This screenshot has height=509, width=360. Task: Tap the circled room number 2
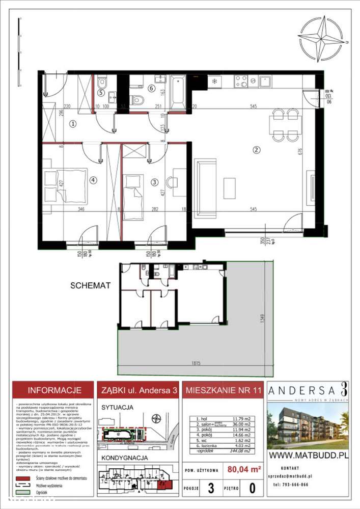(x=257, y=149)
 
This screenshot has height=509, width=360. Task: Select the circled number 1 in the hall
(x=73, y=123)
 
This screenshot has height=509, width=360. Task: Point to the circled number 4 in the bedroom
(x=93, y=179)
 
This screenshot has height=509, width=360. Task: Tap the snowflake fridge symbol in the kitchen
(x=215, y=82)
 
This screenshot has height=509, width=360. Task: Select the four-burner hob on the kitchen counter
(x=241, y=82)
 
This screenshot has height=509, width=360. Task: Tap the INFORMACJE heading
(x=54, y=391)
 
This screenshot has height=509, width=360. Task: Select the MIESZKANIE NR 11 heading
(x=222, y=391)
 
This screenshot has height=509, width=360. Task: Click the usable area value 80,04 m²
(x=244, y=467)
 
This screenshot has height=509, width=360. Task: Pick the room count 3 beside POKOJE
(x=211, y=489)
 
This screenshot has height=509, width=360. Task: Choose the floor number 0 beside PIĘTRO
(x=252, y=489)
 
